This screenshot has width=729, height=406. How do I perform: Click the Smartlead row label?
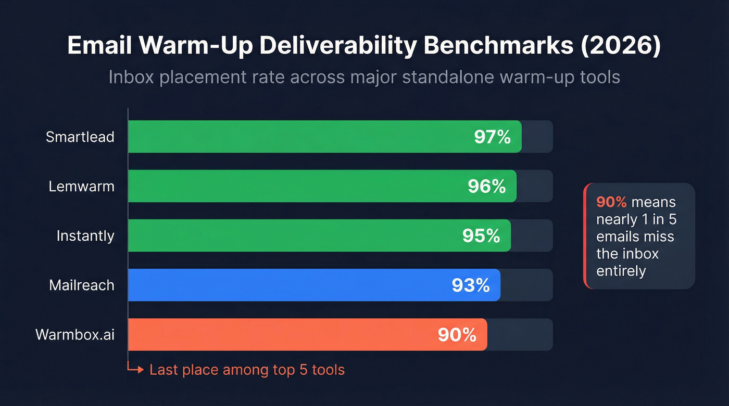80,137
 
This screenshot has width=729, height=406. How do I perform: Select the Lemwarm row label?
81,186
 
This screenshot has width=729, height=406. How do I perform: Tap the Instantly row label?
85,235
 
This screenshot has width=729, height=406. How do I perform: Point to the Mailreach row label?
81,285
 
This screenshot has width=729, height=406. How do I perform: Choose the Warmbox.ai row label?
74,334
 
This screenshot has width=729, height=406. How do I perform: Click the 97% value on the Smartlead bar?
492,137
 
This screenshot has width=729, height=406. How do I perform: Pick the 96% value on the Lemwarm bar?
486,186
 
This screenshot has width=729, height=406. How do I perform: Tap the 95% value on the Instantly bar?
481,235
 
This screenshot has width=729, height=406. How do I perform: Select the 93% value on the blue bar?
471,285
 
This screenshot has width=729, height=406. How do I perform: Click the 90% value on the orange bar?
457,334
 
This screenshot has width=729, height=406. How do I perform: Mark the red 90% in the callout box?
611,202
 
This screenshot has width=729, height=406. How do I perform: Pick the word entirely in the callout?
621,271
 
